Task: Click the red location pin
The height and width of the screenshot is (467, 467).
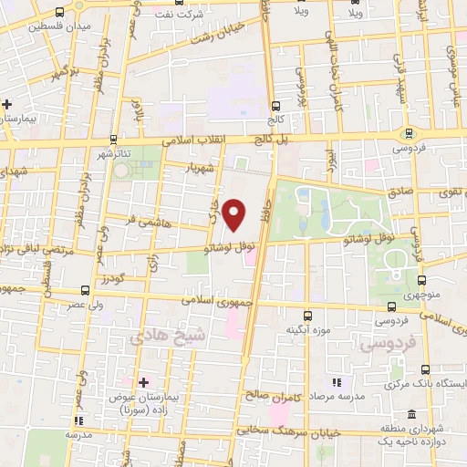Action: click(x=235, y=214)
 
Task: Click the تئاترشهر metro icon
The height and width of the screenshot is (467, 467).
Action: click(x=111, y=140)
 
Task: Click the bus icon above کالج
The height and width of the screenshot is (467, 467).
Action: click(x=276, y=106)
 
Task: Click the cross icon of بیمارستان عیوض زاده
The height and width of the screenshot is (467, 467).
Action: click(x=143, y=381)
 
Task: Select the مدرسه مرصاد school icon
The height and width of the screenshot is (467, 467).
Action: click(x=336, y=381)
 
